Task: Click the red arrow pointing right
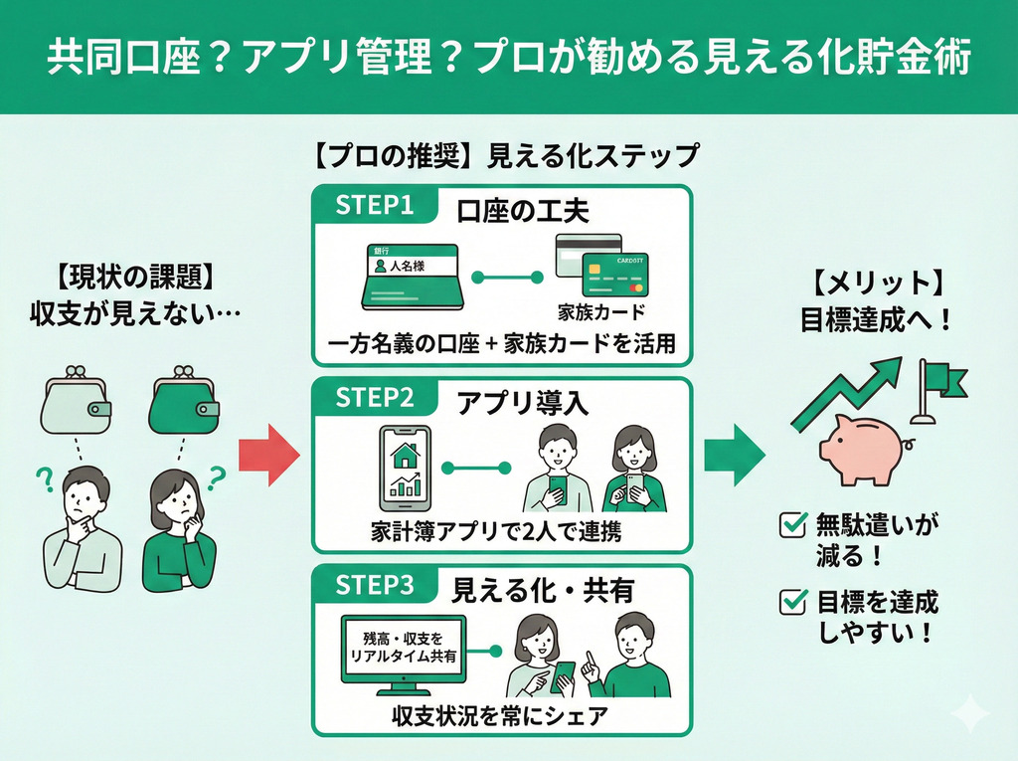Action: pyautogui.click(x=269, y=454)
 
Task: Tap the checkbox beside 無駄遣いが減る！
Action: pyautogui.click(x=793, y=524)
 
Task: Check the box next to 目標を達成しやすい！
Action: pyautogui.click(x=793, y=600)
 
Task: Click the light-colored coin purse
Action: pyautogui.click(x=76, y=402)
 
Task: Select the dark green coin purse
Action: pyautogui.click(x=183, y=402)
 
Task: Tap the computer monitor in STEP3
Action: pyautogui.click(x=404, y=653)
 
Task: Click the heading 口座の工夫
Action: pyautogui.click(x=523, y=211)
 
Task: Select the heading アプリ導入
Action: pyautogui.click(x=523, y=402)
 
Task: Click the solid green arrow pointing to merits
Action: pyautogui.click(x=737, y=454)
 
